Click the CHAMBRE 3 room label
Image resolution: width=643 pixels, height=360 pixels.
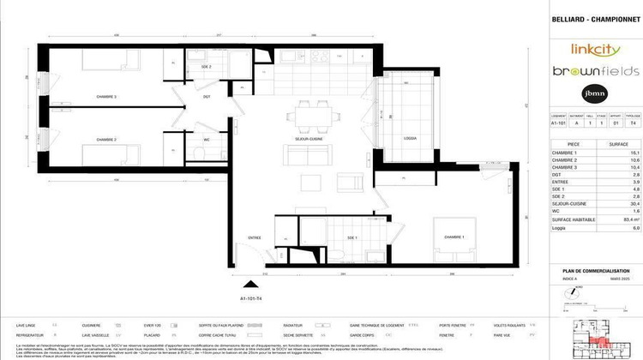coord(106,97)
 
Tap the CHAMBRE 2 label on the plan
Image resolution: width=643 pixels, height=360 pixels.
coord(106,140)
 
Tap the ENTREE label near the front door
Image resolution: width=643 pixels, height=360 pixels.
coord(255,237)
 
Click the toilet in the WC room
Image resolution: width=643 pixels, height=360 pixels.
coord(198,152)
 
